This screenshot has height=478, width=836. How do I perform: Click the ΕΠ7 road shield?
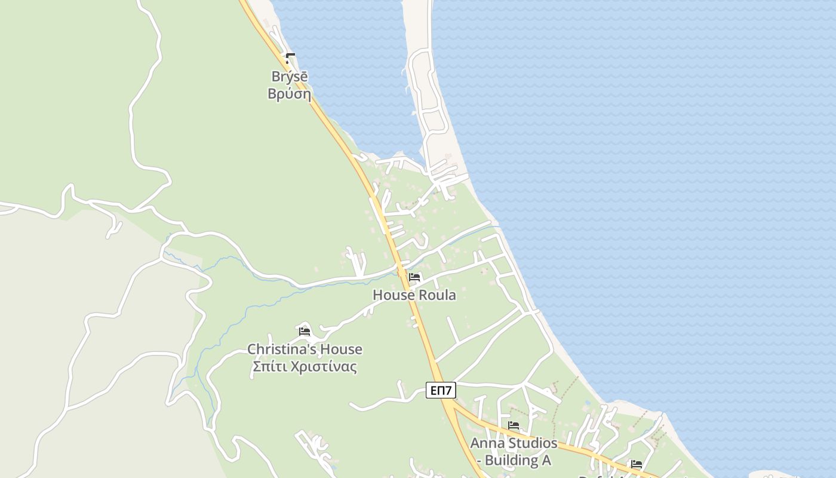(441, 391)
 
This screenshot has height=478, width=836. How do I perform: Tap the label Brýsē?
(290, 76)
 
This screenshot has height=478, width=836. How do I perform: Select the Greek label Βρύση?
(290, 94)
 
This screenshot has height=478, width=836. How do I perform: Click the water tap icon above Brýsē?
(290, 59)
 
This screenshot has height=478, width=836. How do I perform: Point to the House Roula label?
(414, 295)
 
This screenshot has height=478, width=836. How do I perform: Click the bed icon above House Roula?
(414, 277)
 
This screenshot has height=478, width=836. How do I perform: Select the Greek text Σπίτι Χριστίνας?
(305, 366)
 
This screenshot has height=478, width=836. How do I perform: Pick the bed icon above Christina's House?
(305, 332)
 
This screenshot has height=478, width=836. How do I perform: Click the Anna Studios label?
(514, 443)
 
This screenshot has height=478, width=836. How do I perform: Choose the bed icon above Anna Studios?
(514, 426)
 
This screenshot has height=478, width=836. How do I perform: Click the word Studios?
(530, 443)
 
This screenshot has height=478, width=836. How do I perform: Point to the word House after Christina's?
(341, 349)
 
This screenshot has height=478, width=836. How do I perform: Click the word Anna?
(484, 443)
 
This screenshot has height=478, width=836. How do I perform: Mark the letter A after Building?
(545, 460)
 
